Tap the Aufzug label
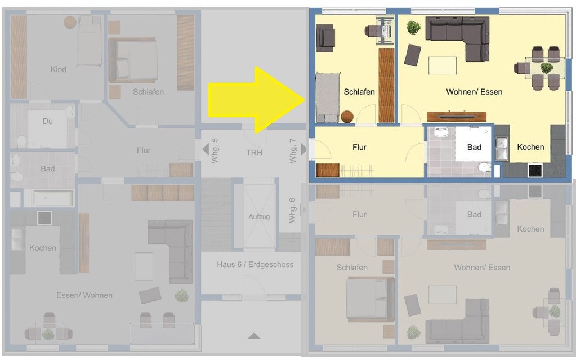259,216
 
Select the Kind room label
59,69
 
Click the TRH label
254,153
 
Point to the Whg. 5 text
215,151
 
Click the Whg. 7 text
292,151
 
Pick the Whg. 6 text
292,210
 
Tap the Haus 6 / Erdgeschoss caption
255,264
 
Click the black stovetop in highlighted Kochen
535,170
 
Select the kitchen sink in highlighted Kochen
502,149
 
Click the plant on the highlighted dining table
546,68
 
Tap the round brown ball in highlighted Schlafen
347,117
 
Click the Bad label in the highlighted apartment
474,148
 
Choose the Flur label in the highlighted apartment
359,148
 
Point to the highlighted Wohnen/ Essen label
474,92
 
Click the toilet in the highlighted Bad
485,167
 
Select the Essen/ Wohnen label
84,295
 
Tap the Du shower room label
48,121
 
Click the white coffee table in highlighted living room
443,65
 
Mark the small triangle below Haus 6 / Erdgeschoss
254,336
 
